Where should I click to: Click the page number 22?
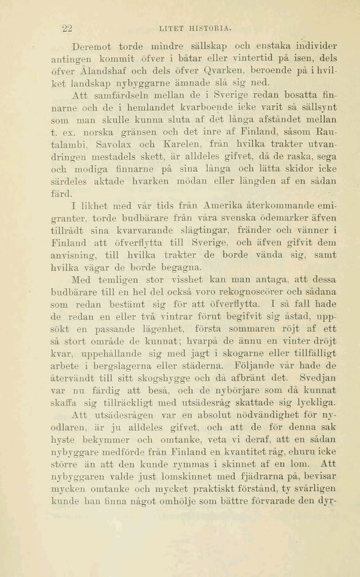(68, 28)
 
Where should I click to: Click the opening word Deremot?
(92, 47)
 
